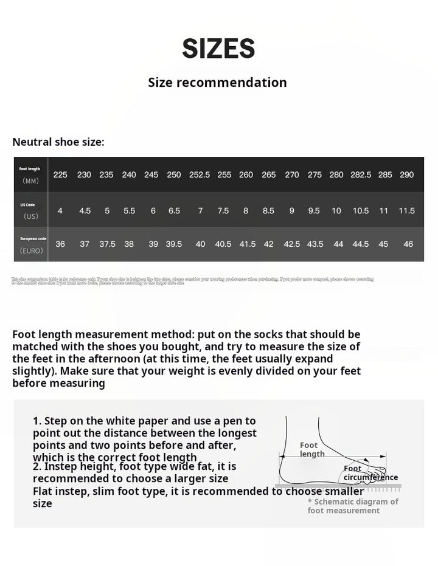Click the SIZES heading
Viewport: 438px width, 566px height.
click(x=218, y=49)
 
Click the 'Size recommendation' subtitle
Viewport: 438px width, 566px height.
click(x=217, y=82)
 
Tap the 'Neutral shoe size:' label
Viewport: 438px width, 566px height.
click(x=58, y=142)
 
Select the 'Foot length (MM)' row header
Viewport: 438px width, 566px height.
click(x=30, y=174)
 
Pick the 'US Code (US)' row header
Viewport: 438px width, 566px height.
click(x=30, y=210)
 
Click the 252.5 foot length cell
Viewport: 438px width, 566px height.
click(x=200, y=174)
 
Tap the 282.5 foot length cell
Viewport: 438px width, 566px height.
click(x=361, y=174)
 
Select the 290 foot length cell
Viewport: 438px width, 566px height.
click(x=406, y=174)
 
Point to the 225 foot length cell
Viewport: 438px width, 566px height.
click(x=60, y=174)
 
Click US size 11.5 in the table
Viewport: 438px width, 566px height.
click(x=406, y=211)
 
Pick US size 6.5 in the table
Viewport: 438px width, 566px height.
click(x=174, y=211)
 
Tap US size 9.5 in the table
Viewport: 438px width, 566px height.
click(x=314, y=211)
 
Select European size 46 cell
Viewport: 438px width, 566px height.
click(x=408, y=244)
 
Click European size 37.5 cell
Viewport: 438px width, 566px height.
click(x=107, y=244)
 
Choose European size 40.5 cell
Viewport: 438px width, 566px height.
click(x=223, y=244)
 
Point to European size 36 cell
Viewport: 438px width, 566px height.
click(x=60, y=244)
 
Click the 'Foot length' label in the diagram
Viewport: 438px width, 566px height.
click(x=311, y=450)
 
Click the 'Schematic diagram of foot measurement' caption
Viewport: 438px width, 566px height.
click(x=353, y=506)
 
